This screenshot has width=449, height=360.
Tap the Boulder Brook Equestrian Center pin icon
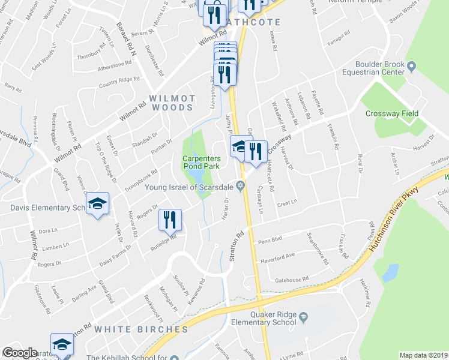pyautogui.click(x=411, y=65)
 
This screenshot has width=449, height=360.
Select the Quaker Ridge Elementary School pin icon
pyautogui.click(x=304, y=316)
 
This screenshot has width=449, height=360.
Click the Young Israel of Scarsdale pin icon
pyautogui.click(x=241, y=187)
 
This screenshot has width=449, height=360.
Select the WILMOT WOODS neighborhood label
pyautogui.click(x=172, y=103)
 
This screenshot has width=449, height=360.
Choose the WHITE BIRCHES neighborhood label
pyautogui.click(x=141, y=329)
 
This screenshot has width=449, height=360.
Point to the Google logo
pyautogui.click(x=20, y=353)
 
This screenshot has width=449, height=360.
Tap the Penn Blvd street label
pyautogui.click(x=270, y=241)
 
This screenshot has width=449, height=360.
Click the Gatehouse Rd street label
pyautogui.click(x=291, y=279)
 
